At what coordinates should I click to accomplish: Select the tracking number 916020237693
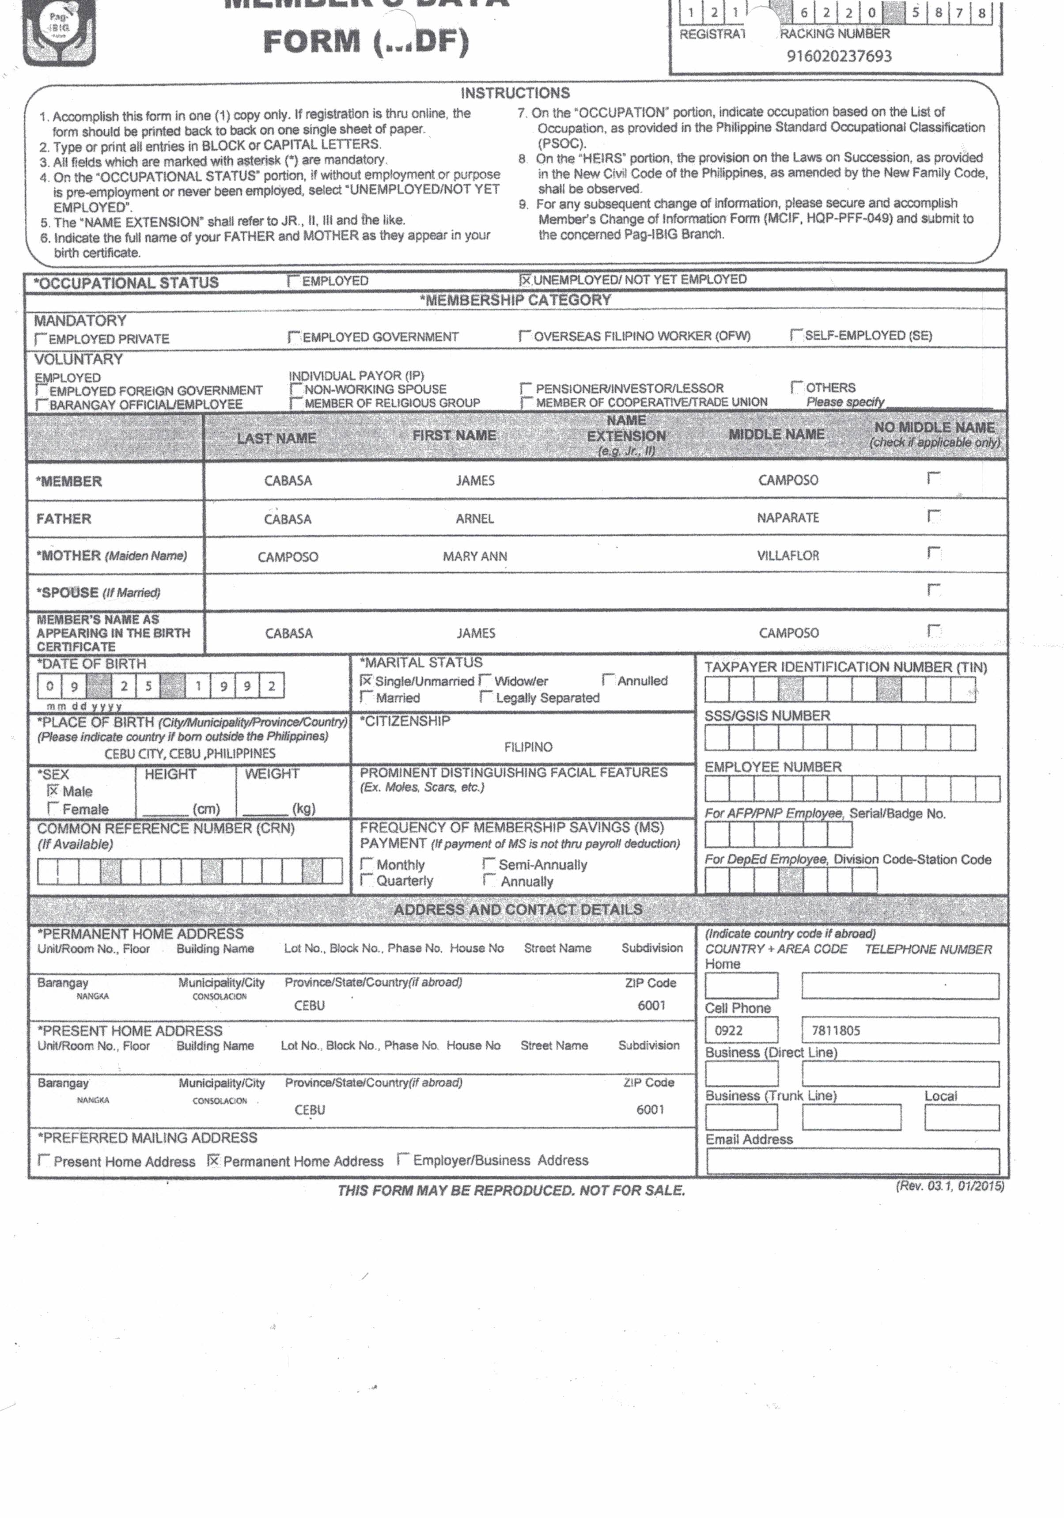click(x=838, y=56)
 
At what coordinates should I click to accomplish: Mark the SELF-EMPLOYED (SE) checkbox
click(x=797, y=336)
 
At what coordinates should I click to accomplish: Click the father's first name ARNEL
click(x=474, y=519)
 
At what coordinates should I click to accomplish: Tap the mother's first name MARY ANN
click(x=475, y=556)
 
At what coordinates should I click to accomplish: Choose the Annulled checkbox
click(x=608, y=680)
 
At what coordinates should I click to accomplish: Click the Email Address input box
click(x=852, y=1162)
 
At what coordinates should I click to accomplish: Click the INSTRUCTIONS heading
click(x=515, y=93)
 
